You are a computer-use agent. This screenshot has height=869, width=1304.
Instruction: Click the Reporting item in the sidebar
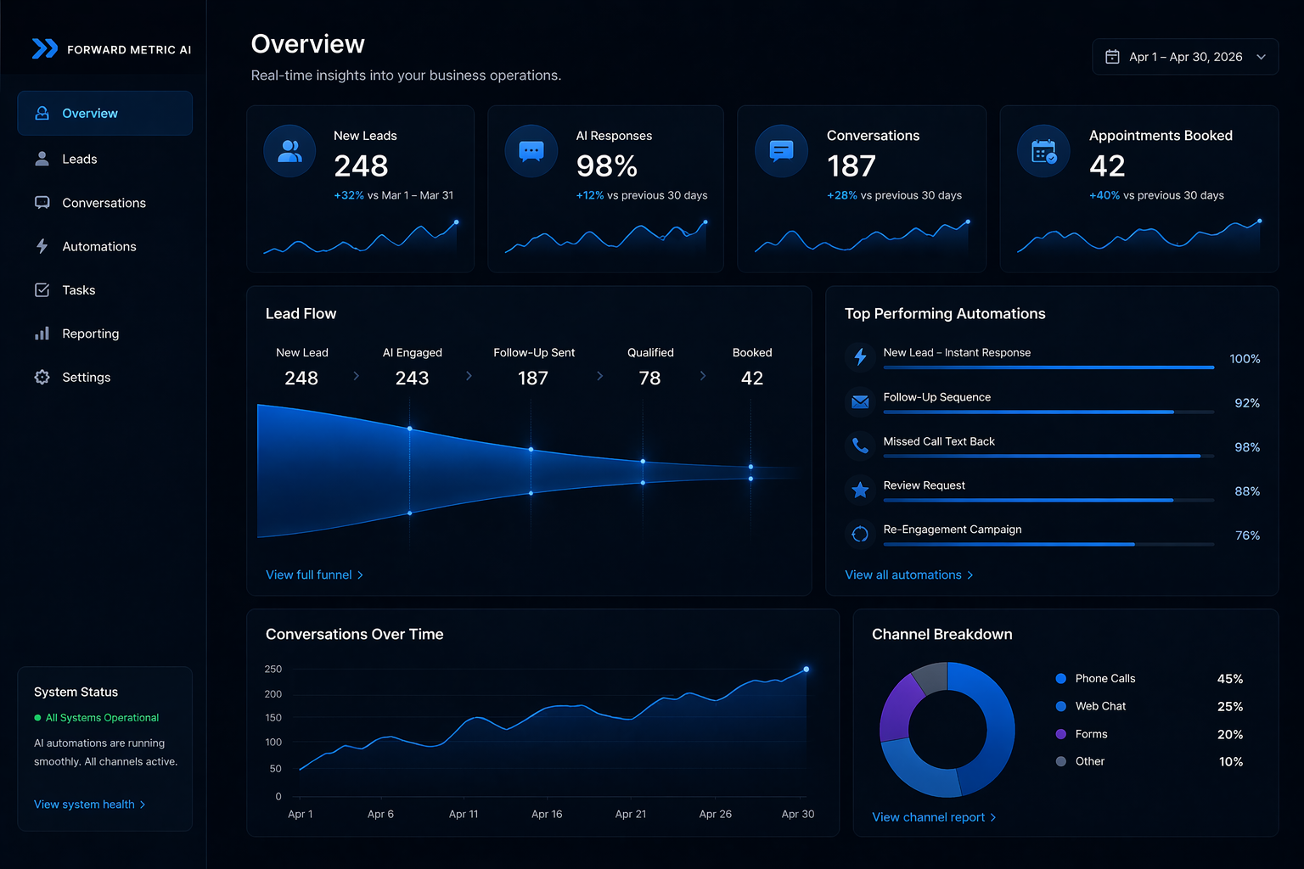tap(90, 334)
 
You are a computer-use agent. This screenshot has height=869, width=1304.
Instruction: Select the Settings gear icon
tap(42, 377)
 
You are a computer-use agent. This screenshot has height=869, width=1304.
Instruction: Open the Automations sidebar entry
tap(98, 246)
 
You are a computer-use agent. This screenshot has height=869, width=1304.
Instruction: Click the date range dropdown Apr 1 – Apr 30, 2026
tap(1184, 57)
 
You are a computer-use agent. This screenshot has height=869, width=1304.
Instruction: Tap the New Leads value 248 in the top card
tap(361, 165)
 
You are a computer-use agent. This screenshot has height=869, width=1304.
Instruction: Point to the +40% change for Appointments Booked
tap(1104, 195)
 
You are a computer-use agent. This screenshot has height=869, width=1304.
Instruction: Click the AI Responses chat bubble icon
tap(531, 152)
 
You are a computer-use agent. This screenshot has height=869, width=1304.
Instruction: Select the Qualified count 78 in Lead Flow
tap(649, 378)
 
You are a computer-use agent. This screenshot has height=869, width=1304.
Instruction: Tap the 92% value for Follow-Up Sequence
tap(1246, 403)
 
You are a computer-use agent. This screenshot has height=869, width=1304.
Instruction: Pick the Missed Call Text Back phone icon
tap(860, 445)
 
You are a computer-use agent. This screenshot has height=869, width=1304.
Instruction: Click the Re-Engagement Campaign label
tap(952, 530)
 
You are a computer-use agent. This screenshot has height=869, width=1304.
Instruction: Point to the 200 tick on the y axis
tap(273, 694)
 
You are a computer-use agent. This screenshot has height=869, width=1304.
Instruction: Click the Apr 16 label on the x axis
tap(547, 814)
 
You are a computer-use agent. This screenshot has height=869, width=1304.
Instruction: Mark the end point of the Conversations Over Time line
tap(806, 670)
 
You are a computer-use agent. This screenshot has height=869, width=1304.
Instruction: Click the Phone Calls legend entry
tap(1104, 678)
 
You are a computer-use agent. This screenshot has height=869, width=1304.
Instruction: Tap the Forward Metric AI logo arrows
tap(44, 49)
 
